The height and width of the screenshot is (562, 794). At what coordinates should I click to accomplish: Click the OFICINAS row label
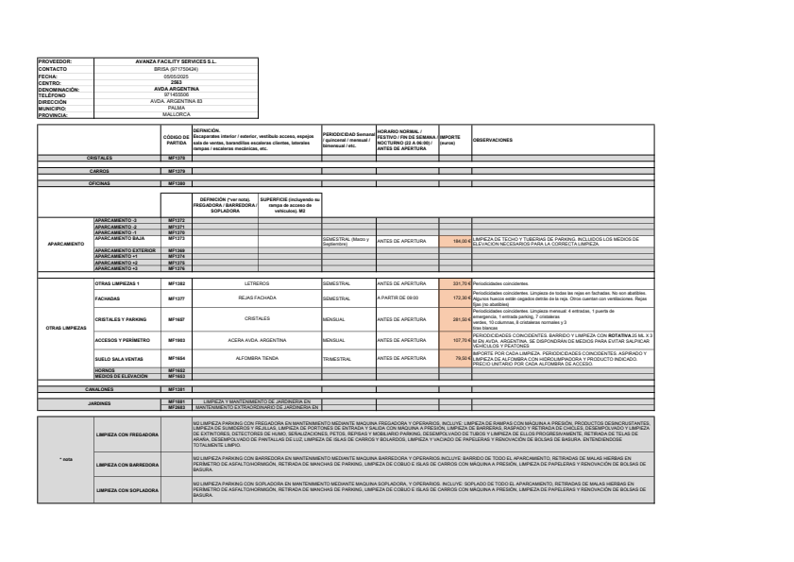coord(100,183)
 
